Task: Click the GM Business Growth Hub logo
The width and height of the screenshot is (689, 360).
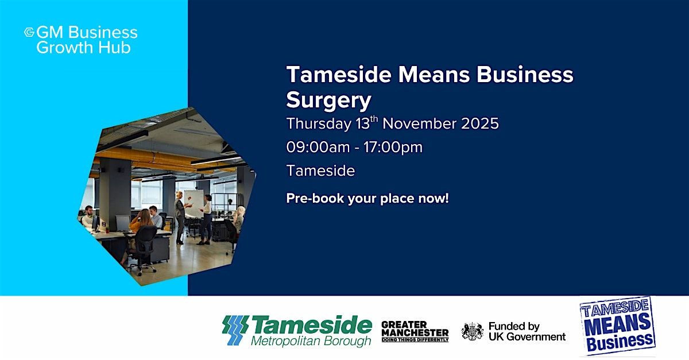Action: (80, 40)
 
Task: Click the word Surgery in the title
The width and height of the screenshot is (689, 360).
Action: (329, 100)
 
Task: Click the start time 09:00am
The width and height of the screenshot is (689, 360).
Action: (318, 147)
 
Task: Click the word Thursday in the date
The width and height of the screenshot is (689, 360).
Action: (318, 123)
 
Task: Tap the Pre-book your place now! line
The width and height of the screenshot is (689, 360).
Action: (367, 199)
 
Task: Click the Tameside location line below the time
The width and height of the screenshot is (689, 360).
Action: (320, 171)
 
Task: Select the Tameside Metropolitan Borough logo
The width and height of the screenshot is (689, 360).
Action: (297, 331)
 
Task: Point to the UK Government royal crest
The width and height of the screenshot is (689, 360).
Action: (473, 331)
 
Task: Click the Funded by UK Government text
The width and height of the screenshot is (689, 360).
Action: (527, 331)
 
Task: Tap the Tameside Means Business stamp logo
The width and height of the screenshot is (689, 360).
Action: (617, 326)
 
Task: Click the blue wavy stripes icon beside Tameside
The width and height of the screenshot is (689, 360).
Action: (235, 330)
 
